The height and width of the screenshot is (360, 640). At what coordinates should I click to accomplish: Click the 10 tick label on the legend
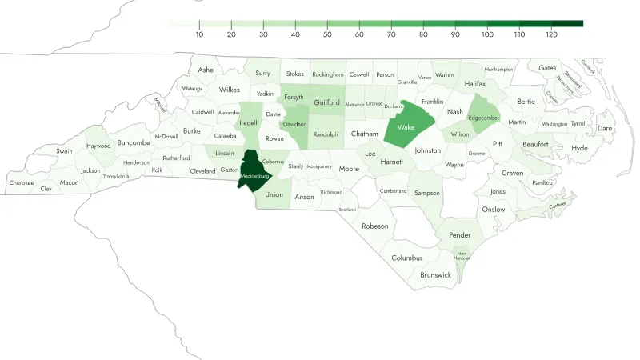pos(199,34)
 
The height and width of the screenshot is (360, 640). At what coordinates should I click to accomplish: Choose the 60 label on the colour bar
pos(359,34)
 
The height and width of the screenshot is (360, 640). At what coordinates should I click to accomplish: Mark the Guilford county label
pos(327,103)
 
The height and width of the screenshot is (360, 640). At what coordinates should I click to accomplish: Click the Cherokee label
pos(22,182)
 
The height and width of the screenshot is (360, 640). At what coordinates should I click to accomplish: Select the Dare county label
pos(605,128)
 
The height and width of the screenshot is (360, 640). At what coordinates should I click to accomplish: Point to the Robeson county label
pos(374,226)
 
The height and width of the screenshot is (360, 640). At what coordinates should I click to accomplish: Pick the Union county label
pos(274,194)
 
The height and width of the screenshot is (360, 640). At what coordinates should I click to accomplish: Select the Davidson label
pos(295,124)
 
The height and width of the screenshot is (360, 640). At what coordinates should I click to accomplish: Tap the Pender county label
pos(460,236)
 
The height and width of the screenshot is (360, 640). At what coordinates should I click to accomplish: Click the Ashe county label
pos(206,70)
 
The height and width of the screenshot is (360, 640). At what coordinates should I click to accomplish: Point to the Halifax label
pos(474,84)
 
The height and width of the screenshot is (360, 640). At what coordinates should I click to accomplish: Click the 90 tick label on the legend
pos(455,34)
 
